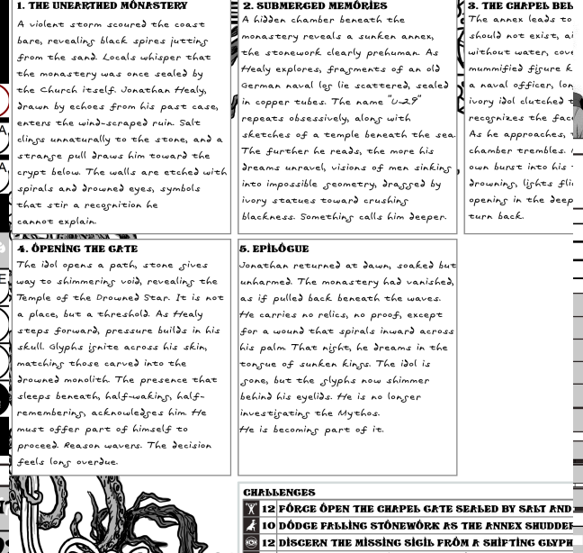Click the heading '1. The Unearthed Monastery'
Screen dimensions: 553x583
(x=103, y=6)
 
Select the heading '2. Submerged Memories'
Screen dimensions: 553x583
(x=315, y=6)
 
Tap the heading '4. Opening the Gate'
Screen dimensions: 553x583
(x=77, y=249)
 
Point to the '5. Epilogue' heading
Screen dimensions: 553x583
(x=274, y=249)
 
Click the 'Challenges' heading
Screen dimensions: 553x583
(x=279, y=494)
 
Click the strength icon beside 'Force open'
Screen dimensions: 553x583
(x=251, y=510)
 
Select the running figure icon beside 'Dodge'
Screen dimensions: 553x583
(x=251, y=526)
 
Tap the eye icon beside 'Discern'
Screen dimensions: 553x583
(x=251, y=543)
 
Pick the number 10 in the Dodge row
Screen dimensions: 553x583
(x=268, y=526)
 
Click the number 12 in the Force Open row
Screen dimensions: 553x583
(x=268, y=510)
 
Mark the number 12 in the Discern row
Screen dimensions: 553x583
(x=268, y=543)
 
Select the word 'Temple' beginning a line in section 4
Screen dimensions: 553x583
(x=35, y=298)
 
